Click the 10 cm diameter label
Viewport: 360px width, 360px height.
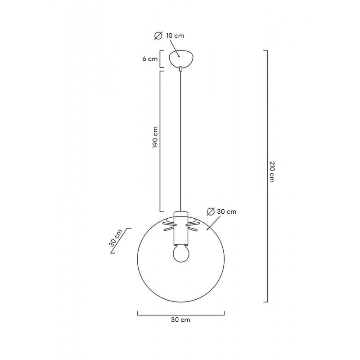click(175, 36)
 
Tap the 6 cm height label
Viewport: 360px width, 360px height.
click(150, 59)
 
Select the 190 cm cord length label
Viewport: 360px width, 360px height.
click(155, 137)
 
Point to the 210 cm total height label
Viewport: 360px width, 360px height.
click(272, 172)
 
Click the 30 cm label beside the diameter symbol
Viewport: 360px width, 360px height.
click(227, 211)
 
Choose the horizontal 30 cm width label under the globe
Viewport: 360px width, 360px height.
click(180, 320)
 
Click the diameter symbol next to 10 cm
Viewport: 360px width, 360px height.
click(158, 36)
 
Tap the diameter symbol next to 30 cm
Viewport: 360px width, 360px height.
click(211, 211)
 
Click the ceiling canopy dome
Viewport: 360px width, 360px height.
click(181, 58)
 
